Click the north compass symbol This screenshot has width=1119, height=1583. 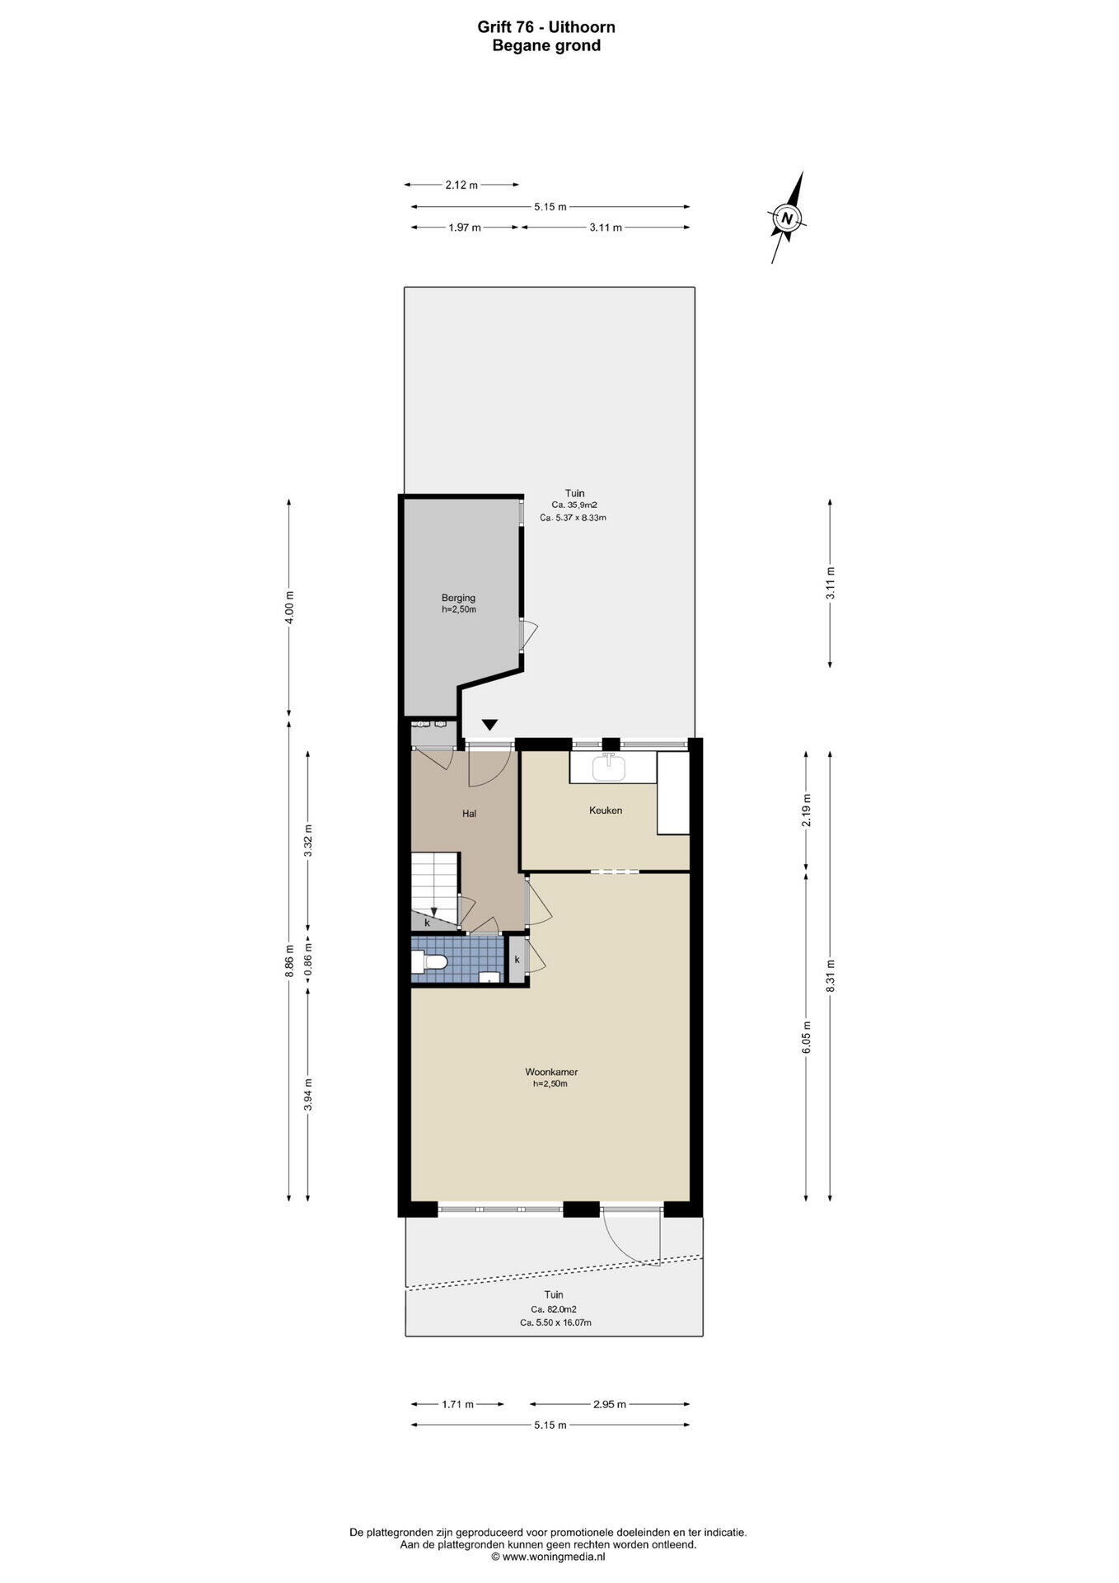(x=788, y=218)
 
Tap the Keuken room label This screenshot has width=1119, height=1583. (x=605, y=810)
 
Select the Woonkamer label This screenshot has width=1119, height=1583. (x=551, y=1073)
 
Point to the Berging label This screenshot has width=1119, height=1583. (x=458, y=598)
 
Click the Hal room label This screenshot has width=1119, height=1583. (x=469, y=814)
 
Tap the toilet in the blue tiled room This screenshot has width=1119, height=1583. (x=429, y=961)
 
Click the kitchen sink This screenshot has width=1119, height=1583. (x=610, y=766)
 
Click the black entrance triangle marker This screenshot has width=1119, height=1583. (x=490, y=725)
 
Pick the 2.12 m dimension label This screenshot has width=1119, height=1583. (x=461, y=186)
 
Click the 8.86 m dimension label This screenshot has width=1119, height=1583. (x=288, y=961)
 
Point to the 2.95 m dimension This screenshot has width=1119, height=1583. (x=609, y=1404)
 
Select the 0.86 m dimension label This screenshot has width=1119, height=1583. (x=307, y=961)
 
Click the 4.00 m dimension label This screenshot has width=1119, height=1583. (x=288, y=607)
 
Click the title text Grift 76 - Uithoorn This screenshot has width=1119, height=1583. (x=546, y=27)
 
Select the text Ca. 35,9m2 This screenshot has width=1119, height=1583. (x=574, y=505)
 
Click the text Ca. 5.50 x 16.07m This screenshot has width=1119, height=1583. (x=555, y=1322)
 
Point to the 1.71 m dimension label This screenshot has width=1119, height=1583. (x=457, y=1404)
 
